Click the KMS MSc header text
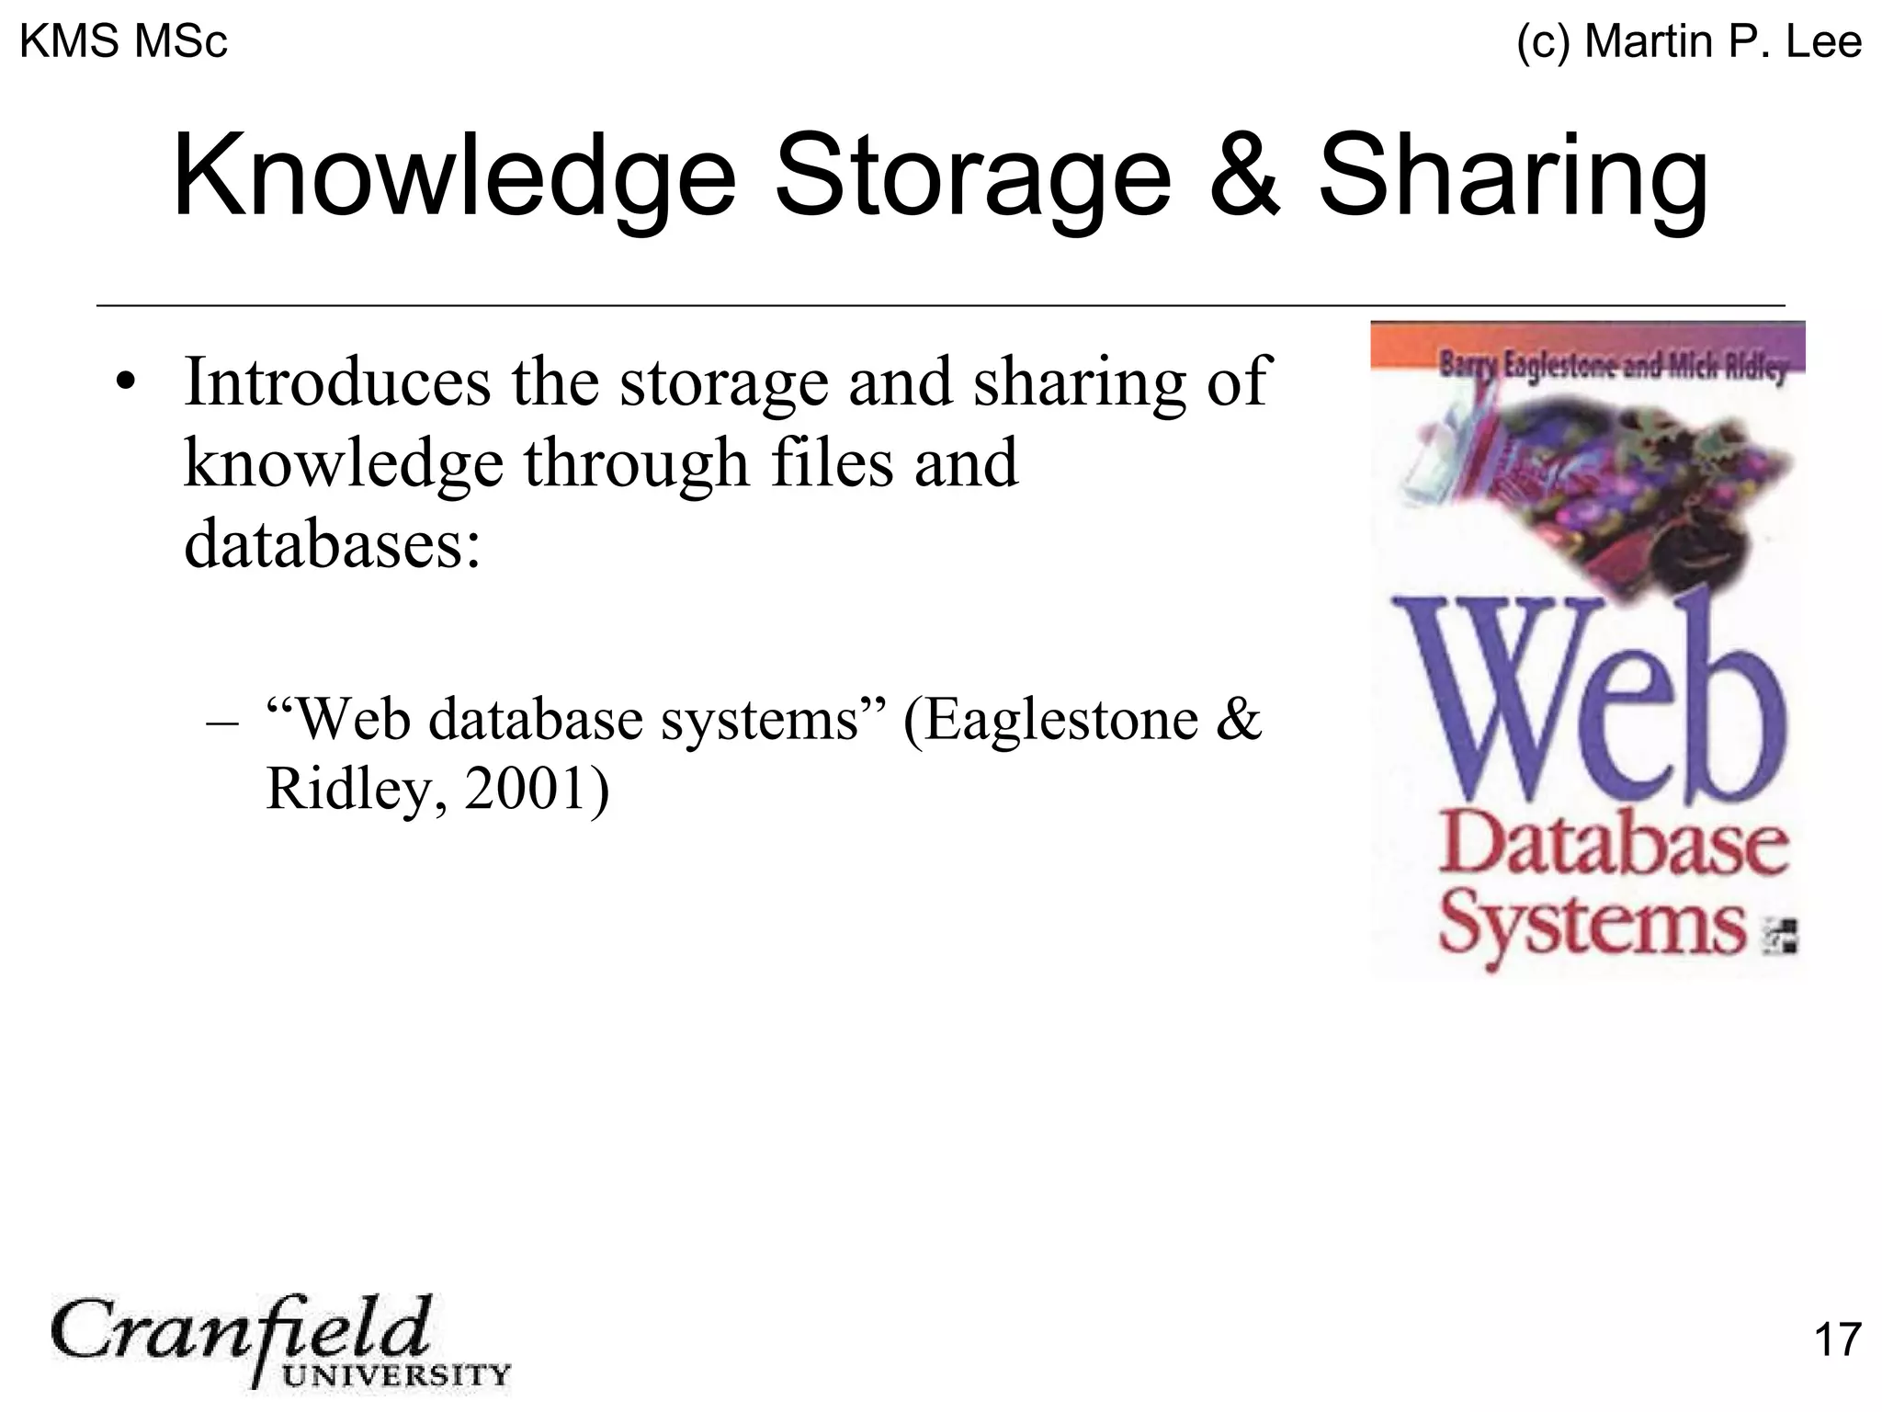point(123,42)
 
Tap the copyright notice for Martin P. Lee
point(1689,42)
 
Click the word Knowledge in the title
point(454,176)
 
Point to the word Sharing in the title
point(1513,176)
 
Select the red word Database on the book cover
point(1612,848)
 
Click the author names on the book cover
point(1612,368)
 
